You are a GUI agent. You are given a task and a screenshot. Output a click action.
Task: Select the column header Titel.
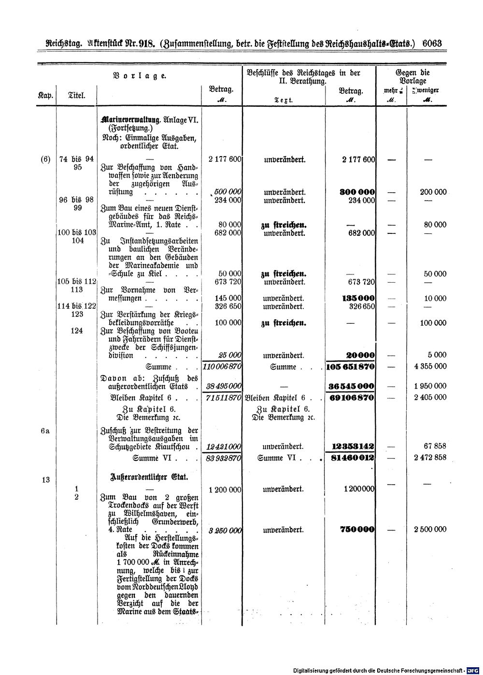coord(77,96)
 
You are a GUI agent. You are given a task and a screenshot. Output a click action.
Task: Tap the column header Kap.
coord(45,96)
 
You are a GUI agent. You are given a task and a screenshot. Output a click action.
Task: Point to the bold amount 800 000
coord(357,192)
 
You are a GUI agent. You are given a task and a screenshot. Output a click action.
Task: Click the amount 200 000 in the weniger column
coord(433,192)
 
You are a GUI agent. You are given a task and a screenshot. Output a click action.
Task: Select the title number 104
coord(77,241)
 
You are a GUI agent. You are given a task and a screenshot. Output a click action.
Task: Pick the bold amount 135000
coord(358,298)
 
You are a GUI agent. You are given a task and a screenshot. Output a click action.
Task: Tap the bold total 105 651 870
coord(351,367)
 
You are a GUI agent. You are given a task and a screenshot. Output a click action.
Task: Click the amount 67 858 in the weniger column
coord(436,446)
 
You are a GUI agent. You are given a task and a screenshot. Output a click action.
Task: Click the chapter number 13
coord(46,480)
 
